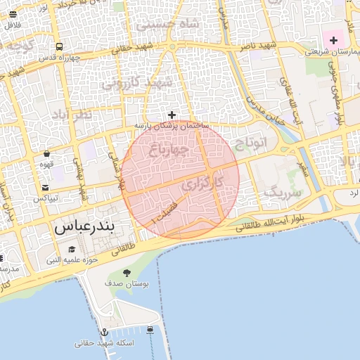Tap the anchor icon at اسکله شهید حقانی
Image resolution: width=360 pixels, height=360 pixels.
point(104,331)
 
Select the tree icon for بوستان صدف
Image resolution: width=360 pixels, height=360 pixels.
point(127,273)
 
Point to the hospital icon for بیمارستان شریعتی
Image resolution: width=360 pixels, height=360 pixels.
point(333,41)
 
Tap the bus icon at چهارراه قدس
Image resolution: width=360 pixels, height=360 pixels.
point(59,47)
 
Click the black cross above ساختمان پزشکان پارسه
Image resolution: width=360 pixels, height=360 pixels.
point(172,115)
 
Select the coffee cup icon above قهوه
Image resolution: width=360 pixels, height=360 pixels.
point(46,153)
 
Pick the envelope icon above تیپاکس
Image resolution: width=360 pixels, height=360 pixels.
point(46,187)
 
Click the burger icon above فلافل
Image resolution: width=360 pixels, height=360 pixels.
point(13,14)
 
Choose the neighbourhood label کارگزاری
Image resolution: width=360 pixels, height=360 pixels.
point(202,185)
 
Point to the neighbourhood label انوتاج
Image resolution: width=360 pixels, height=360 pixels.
point(255,143)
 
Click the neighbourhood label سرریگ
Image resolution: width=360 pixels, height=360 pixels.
point(283,191)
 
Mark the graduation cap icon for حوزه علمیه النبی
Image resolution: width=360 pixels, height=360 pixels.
point(72,250)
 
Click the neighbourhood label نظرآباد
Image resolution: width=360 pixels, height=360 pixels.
point(72,115)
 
